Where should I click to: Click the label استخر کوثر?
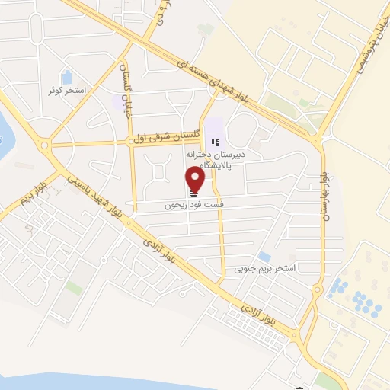coord(66,91)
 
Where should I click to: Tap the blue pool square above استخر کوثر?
coord(66,77)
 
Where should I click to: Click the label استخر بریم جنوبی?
coord(264,269)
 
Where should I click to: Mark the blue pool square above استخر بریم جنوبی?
coord(264,257)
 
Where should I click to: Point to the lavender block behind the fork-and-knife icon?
coord(214,129)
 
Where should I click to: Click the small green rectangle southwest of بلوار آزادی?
coord(74,287)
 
